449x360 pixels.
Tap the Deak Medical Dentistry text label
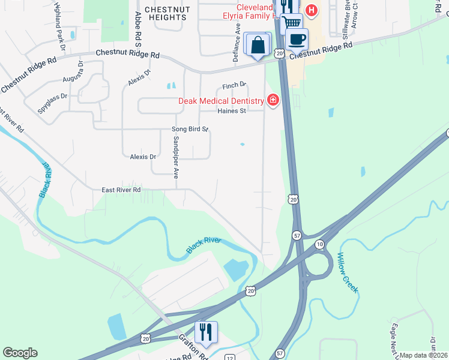(x=221, y=101)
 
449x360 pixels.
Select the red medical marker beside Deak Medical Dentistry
(x=273, y=100)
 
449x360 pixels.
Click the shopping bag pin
(x=258, y=45)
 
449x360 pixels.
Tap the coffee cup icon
(x=297, y=40)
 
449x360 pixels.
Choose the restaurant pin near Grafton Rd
(x=206, y=333)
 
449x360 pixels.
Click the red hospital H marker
(x=311, y=10)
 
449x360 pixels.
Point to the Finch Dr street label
(x=234, y=86)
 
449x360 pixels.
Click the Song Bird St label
(x=190, y=129)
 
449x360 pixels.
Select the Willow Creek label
(x=347, y=272)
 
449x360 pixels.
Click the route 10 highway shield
(x=320, y=244)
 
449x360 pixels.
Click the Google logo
(x=20, y=353)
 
